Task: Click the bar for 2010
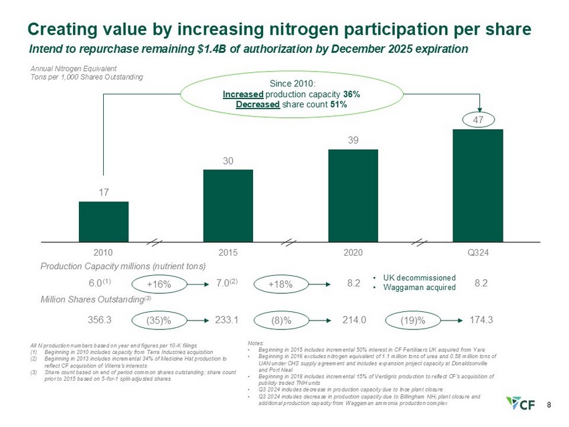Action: click(x=103, y=221)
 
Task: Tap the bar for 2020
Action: click(x=353, y=195)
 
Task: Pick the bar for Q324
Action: click(x=477, y=185)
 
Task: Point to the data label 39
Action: click(x=353, y=140)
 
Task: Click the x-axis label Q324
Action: click(x=477, y=252)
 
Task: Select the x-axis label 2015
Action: click(x=228, y=252)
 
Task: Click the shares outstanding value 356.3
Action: click(x=100, y=320)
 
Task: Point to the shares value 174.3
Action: click(x=482, y=320)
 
